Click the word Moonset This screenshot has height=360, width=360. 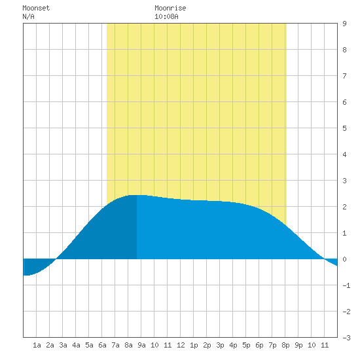click(x=36, y=8)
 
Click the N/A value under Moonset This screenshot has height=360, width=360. click(x=28, y=16)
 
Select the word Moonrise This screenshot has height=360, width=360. click(x=170, y=8)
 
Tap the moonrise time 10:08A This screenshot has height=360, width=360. click(x=166, y=16)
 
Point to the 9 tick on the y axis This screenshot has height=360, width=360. click(x=344, y=24)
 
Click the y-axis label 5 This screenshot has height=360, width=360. click(x=344, y=128)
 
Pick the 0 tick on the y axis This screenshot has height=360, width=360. click(x=344, y=259)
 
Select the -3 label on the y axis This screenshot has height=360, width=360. click(x=347, y=338)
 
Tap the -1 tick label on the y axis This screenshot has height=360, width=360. click(x=347, y=285)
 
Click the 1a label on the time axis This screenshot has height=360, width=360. click(x=37, y=345)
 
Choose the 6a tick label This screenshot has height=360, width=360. click(x=102, y=345)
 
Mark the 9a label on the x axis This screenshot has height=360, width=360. click(x=141, y=345)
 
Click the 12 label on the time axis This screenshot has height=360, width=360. click(x=181, y=345)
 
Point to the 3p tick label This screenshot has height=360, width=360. click(x=220, y=345)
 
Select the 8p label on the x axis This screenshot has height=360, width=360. click(x=285, y=345)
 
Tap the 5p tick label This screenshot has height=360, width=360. click(x=246, y=345)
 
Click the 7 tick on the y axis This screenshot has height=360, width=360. click(x=344, y=76)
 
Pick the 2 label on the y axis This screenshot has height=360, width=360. click(x=344, y=207)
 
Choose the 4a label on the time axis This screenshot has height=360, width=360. click(x=76, y=345)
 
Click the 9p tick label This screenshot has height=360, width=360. click(x=298, y=345)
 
